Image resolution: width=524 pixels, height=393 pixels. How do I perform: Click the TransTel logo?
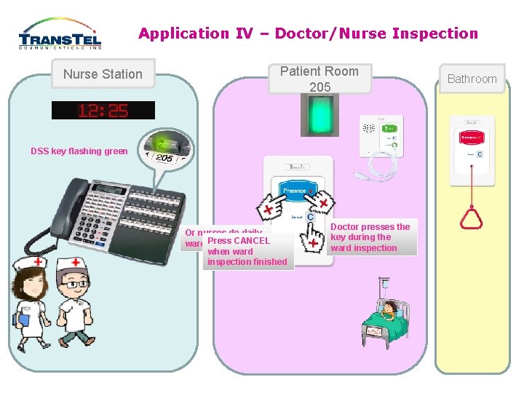coord(60,34)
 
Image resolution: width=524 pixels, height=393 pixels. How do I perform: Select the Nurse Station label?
coord(103,74)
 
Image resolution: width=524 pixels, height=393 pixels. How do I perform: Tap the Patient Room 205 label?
coord(319,79)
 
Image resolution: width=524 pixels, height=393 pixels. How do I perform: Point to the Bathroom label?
coord(472,79)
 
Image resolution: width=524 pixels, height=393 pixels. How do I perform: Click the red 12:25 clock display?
coord(103,111)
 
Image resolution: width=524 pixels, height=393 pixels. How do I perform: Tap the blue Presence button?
coord(295,191)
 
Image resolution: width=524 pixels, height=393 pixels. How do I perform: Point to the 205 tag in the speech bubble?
coord(165,157)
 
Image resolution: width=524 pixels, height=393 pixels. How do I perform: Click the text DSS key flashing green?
coord(79,151)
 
